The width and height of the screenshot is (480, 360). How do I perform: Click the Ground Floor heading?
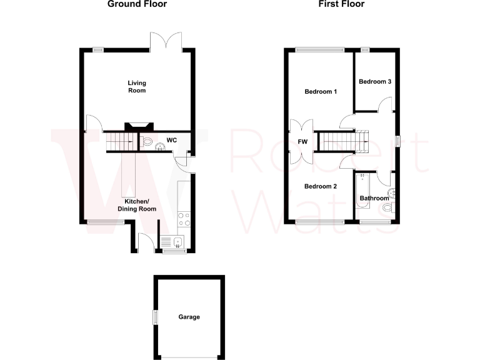pyautogui.click(x=137, y=4)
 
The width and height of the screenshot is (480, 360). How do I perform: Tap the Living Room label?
pyautogui.click(x=137, y=87)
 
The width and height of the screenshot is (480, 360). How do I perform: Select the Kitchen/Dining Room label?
pyautogui.click(x=137, y=205)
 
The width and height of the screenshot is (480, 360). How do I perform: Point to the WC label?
pyautogui.click(x=172, y=141)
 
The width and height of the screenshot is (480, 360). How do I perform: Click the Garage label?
pyautogui.click(x=189, y=317)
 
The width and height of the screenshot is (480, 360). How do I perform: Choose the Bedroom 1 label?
pyautogui.click(x=321, y=92)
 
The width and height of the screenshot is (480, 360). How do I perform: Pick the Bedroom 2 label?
pyautogui.click(x=321, y=186)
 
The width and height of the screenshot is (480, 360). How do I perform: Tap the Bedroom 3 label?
pyautogui.click(x=375, y=81)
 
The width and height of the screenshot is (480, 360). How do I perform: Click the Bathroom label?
pyautogui.click(x=374, y=199)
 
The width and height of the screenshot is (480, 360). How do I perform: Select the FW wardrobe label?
pyautogui.click(x=303, y=141)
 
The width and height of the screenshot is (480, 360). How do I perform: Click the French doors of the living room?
pyautogui.click(x=166, y=42)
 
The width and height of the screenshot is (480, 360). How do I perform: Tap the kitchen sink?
pyautogui.click(x=177, y=242)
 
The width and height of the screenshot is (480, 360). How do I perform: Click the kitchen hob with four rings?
pyautogui.click(x=185, y=219)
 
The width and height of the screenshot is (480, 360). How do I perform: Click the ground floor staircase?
pyautogui.click(x=118, y=142)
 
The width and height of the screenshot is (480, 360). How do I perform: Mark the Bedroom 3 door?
pyautogui.click(x=386, y=105)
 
